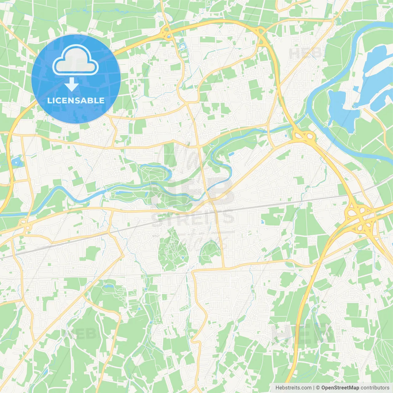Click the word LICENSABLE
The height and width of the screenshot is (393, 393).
[76, 100]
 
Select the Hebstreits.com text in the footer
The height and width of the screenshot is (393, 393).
[293, 387]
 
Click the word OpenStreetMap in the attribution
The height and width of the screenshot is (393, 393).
[340, 387]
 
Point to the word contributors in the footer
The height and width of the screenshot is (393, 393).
[375, 387]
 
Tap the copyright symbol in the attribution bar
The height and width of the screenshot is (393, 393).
[318, 387]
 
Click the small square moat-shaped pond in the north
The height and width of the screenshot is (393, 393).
[183, 47]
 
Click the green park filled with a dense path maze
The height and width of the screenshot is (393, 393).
[172, 249]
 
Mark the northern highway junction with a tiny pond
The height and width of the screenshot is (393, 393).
[167, 33]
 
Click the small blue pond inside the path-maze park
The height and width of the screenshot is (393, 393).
[183, 257]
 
